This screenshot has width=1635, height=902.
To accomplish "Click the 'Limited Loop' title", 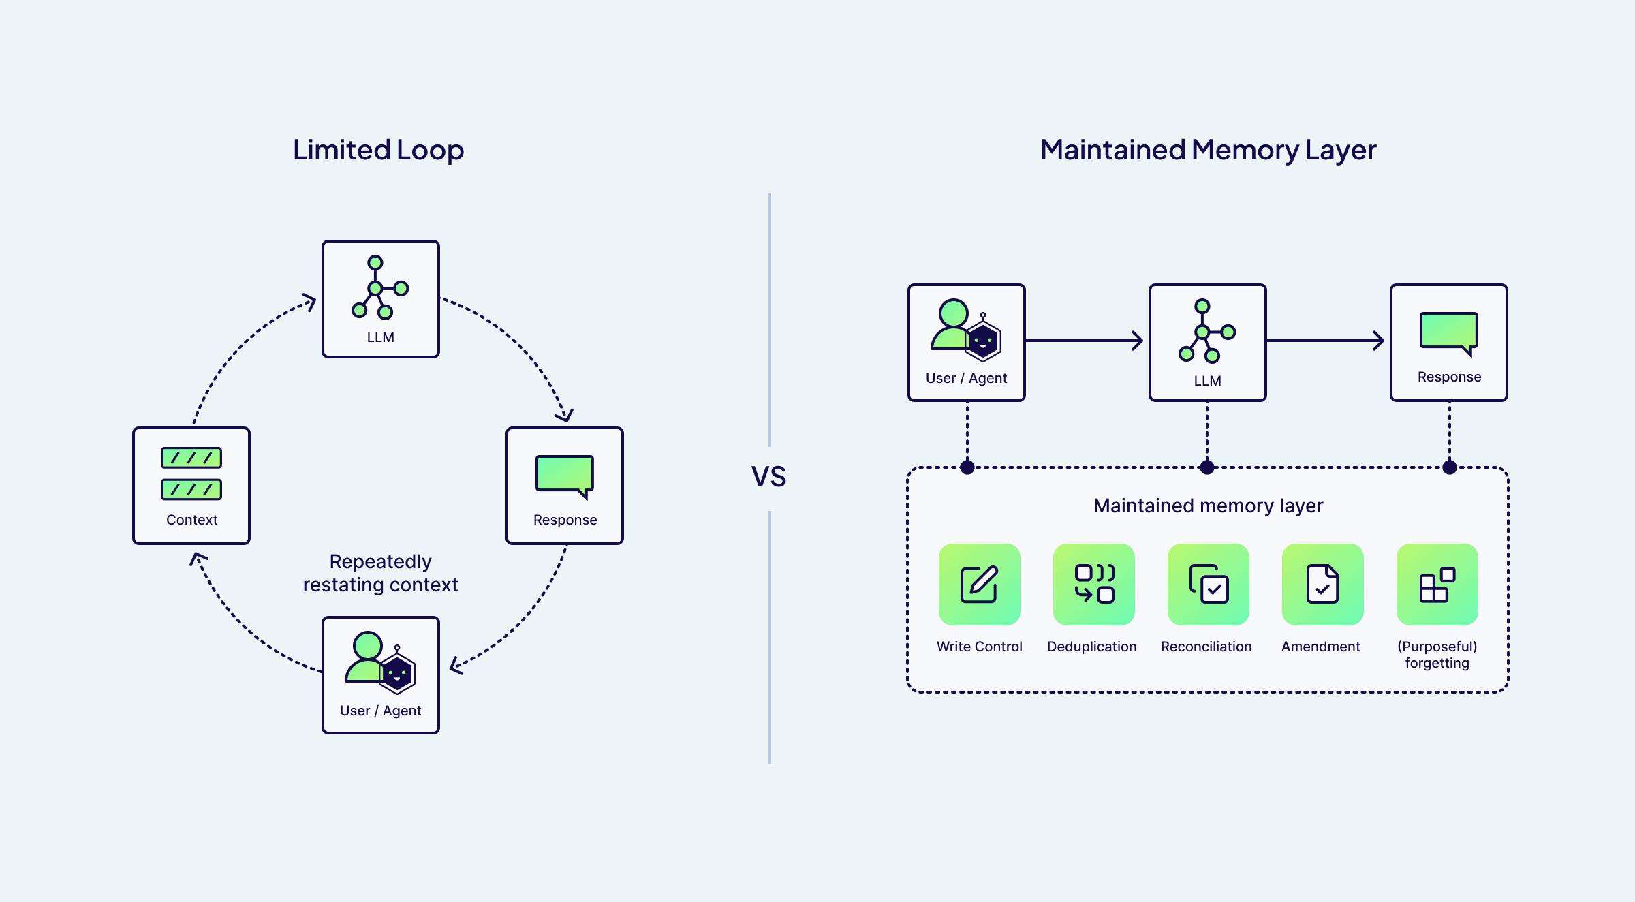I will point(378,150).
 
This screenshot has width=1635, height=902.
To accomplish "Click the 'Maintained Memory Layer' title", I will point(1208,150).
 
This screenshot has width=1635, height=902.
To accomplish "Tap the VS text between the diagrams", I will point(768,477).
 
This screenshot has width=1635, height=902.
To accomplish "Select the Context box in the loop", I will point(191,485).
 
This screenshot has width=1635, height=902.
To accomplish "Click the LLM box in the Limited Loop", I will point(380,298).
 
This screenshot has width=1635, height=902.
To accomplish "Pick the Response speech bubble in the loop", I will point(565,475).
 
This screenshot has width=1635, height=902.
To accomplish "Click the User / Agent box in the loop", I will point(380,674).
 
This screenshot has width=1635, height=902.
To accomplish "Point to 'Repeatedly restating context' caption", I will point(380,573).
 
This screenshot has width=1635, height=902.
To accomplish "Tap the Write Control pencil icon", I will point(979,584).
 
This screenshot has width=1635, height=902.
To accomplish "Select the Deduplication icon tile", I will point(1093,584).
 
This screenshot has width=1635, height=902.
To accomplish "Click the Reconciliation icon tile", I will point(1208,584).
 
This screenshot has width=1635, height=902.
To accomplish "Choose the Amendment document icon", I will point(1322,584).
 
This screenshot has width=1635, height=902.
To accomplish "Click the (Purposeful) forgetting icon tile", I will point(1437,584).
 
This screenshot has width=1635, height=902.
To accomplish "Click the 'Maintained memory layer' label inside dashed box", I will point(1208,506).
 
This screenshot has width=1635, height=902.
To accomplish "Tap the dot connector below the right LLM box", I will point(1207,467).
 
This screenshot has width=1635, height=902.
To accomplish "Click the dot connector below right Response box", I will point(1450,467).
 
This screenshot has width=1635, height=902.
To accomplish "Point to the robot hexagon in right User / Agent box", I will point(983,341).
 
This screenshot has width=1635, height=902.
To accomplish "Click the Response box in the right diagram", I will point(1448,342).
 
